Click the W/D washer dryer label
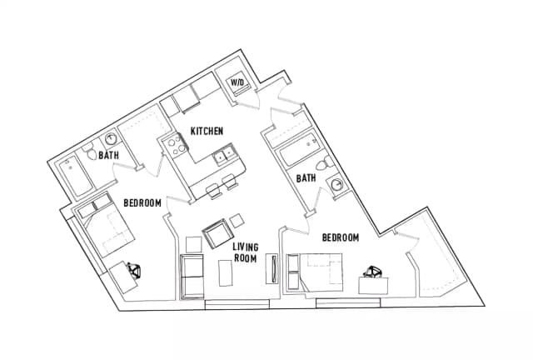coord(237,82)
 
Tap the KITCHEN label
coord(207,131)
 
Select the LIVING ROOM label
coord(246,252)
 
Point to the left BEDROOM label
coord(142,203)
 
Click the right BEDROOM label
coord(341,237)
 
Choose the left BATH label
coord(109,156)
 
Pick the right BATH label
coord(306,178)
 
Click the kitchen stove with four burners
coord(175,145)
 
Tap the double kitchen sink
coord(224,156)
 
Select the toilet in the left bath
coord(90,152)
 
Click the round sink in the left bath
coord(111,139)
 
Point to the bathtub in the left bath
coord(76,177)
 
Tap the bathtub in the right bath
coord(300,150)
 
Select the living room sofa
coord(192,277)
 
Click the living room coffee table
coord(226,272)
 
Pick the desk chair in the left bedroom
coord(134,271)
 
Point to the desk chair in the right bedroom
coord(373,272)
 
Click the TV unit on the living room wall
coord(272,269)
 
